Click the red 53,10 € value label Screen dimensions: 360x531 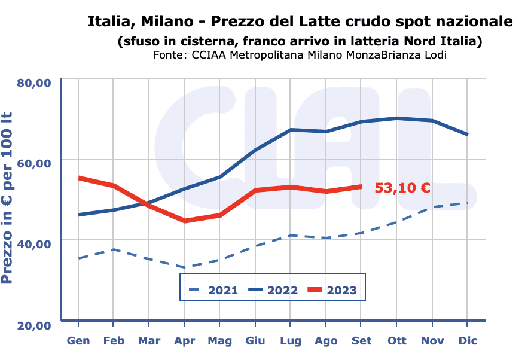pyautogui.click(x=402, y=188)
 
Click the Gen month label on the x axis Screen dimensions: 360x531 pyautogui.click(x=78, y=341)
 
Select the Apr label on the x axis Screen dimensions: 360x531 pyautogui.click(x=184, y=341)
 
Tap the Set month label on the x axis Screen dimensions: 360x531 pyautogui.click(x=361, y=341)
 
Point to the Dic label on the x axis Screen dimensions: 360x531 pyautogui.click(x=467, y=341)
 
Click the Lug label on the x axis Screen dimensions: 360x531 pyautogui.click(x=290, y=341)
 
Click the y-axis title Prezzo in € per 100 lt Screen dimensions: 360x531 pyautogui.click(x=8, y=197)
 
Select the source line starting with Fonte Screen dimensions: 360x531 pyautogui.click(x=300, y=56)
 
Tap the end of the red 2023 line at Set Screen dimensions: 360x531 pyautogui.click(x=361, y=187)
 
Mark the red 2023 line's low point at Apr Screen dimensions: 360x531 pyautogui.click(x=184, y=221)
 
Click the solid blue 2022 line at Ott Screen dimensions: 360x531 pyautogui.click(x=396, y=118)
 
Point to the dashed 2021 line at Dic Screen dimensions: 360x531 pyautogui.click(x=467, y=203)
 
